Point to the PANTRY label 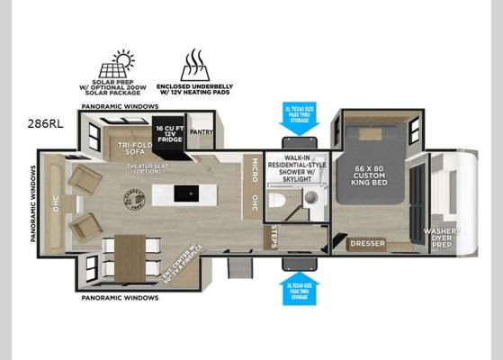202,130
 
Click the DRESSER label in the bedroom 367,242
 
